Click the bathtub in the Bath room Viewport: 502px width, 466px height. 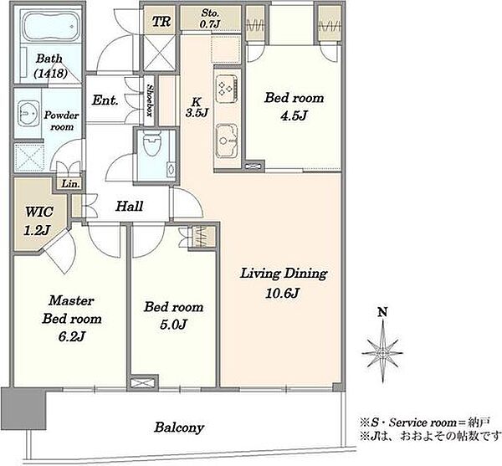tap(51, 27)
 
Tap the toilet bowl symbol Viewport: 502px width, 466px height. tap(151, 143)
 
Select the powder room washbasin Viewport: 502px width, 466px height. tap(28, 114)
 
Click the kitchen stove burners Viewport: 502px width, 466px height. tap(227, 87)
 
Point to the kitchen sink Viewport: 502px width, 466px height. tap(227, 141)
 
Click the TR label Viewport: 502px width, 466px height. tap(161, 22)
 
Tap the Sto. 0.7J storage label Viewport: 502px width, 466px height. tap(210, 18)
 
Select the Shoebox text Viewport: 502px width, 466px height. tap(150, 100)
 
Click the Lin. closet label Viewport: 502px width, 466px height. tap(70, 184)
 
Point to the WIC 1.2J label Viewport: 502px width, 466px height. tap(38, 221)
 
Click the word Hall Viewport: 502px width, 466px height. tap(129, 206)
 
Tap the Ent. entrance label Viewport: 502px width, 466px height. tap(105, 100)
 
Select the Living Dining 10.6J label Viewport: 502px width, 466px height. tap(284, 283)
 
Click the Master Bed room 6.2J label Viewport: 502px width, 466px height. tap(72, 319)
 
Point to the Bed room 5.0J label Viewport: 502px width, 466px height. tap(173, 315)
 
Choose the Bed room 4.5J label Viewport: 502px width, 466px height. tap(294, 106)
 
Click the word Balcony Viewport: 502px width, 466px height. tap(179, 428)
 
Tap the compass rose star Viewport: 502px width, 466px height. tap(382, 353)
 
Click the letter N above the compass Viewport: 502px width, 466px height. tap(382, 312)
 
